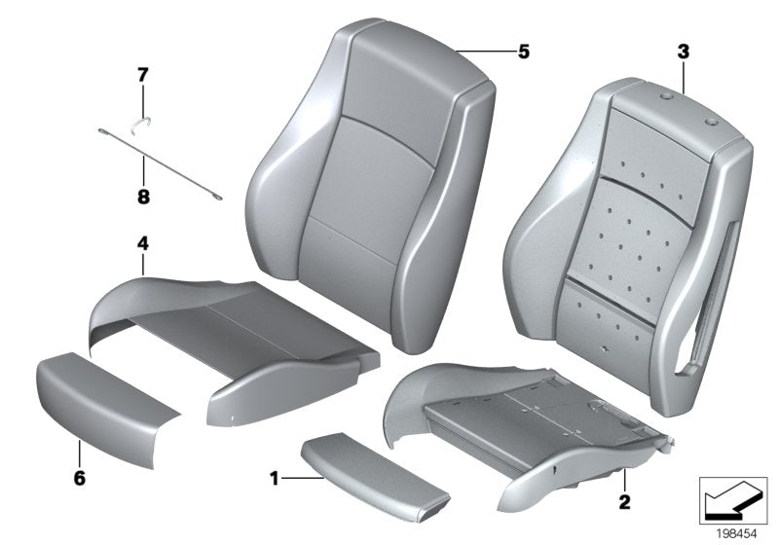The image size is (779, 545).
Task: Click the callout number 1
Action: tap(275, 478)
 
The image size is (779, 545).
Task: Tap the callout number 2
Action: tap(623, 502)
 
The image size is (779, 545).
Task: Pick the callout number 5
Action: tap(523, 52)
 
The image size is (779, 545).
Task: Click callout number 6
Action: tap(79, 478)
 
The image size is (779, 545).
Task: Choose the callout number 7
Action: tap(142, 73)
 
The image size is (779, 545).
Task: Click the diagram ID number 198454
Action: tap(737, 532)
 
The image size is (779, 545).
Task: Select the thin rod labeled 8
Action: tap(175, 166)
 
